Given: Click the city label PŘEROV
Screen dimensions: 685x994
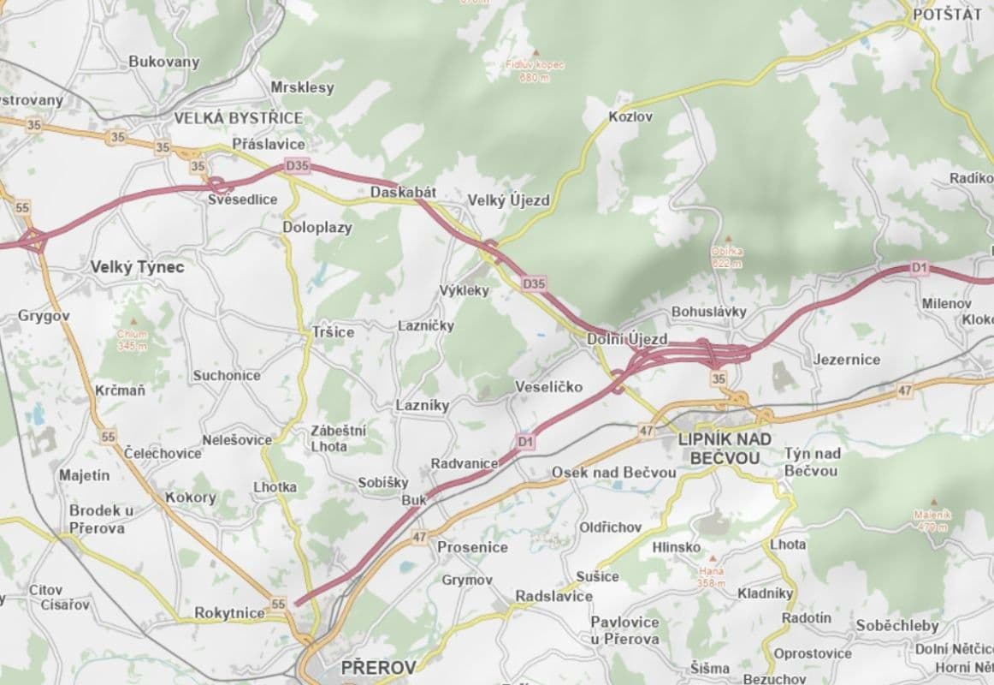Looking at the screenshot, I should pos(377,667).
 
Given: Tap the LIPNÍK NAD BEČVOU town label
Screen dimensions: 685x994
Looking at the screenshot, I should pos(724,449).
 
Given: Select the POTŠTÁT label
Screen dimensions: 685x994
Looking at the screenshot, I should pos(947,15).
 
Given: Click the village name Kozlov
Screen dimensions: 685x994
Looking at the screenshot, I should pos(630,116).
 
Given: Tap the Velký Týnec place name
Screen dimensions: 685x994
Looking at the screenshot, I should pos(137,267).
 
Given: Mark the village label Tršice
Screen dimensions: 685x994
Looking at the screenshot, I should pos(333,332).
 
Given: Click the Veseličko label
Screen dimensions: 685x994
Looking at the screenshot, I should pos(548,387).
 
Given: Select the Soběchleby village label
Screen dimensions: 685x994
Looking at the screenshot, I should pos(896,626).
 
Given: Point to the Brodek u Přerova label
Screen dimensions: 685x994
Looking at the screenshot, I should pos(101,519).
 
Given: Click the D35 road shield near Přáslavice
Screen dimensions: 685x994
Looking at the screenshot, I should pos(297,165).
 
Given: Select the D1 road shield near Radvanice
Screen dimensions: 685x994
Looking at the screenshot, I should pos(525,441).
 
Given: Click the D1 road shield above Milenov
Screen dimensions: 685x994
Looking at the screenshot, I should pos(919,268).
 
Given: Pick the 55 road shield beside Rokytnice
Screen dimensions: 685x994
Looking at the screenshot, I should pos(278,605).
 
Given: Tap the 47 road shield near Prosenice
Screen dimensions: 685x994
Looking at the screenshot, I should pos(418,537).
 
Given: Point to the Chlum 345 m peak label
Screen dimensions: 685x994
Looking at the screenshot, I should pos(133,340).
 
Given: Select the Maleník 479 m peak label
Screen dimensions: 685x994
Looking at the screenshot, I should pos(931,521).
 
